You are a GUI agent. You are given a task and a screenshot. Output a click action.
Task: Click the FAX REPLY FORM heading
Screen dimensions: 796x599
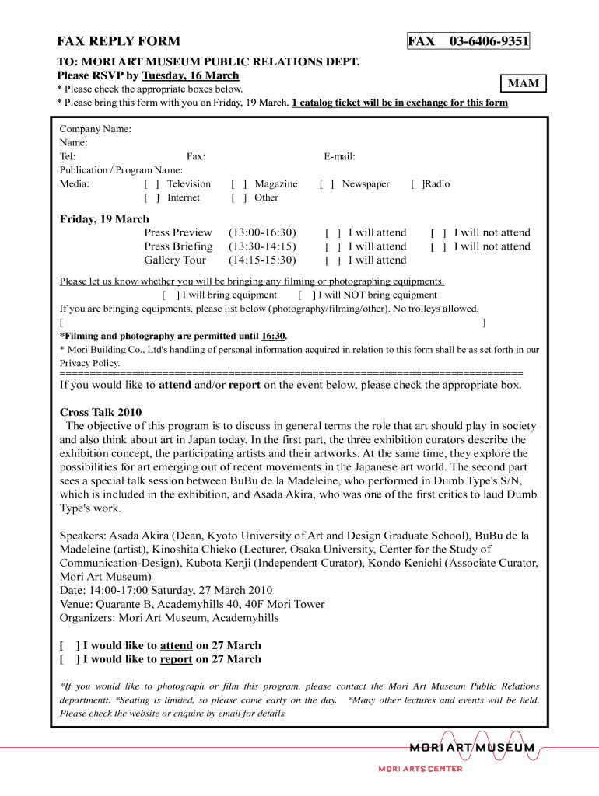[118, 41]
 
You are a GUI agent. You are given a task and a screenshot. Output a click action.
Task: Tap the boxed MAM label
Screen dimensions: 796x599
[523, 83]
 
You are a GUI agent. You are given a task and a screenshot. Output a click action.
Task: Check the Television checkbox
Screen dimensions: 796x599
[152, 184]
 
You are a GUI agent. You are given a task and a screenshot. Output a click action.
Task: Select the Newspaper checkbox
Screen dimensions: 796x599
[327, 184]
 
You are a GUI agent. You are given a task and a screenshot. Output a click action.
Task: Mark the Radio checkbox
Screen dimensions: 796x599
[417, 184]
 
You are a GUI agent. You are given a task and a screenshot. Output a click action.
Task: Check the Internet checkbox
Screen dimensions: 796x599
[152, 197]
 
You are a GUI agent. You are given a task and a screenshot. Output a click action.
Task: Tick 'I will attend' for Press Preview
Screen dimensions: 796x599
[333, 232]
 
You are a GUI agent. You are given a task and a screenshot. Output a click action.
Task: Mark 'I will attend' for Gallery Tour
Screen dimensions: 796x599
[333, 260]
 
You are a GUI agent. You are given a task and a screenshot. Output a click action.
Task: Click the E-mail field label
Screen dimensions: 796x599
[339, 156]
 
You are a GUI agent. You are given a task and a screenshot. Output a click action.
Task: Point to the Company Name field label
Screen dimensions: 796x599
[95, 129]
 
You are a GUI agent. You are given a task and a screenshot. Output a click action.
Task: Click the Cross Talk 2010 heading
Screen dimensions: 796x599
[100, 413]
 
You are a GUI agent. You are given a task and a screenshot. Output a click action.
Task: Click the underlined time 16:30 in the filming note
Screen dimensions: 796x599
[273, 336]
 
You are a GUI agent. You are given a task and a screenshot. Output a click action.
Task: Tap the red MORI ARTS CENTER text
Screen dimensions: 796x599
[420, 769]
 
